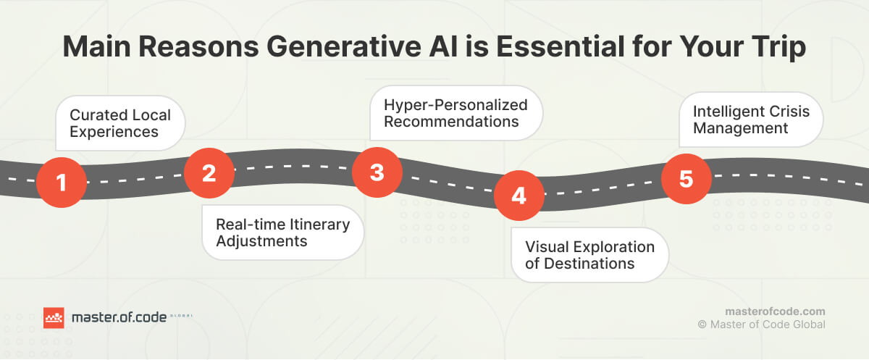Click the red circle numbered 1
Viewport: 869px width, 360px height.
[62, 182]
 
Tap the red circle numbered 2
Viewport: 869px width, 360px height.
[209, 173]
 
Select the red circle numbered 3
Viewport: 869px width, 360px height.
[377, 172]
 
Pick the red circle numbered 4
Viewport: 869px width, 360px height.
[519, 196]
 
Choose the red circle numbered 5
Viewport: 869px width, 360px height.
[687, 178]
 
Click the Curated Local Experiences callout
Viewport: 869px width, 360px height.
[120, 123]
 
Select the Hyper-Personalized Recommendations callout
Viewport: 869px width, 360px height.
[456, 113]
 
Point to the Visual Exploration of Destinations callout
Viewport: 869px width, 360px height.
[589, 255]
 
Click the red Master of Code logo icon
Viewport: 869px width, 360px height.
[54, 317]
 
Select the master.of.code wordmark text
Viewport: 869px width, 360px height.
[119, 317]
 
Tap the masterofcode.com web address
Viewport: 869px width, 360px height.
[775, 310]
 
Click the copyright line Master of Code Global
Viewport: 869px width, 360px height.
[761, 325]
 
